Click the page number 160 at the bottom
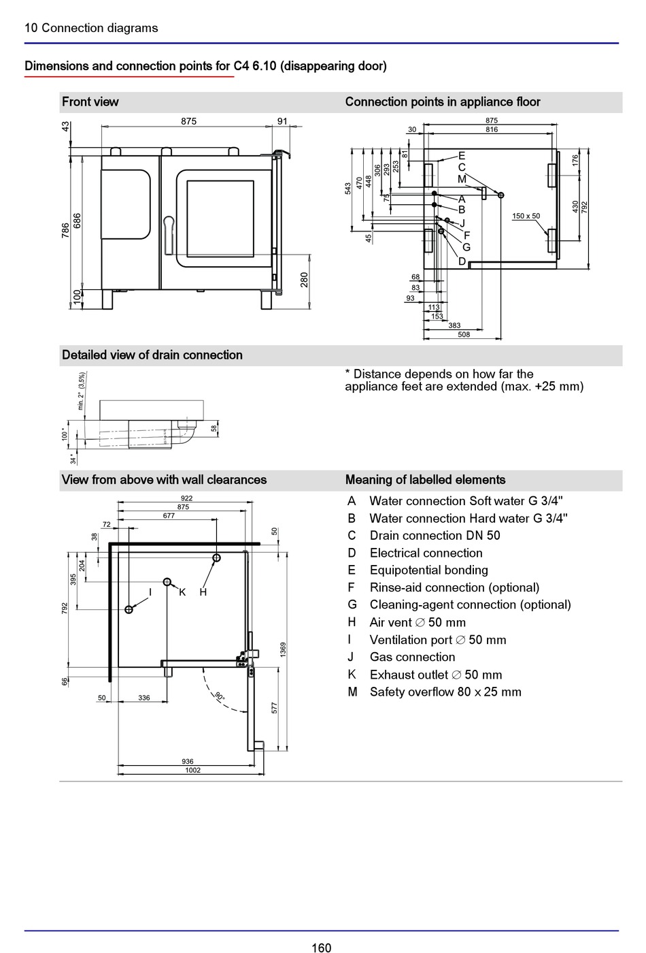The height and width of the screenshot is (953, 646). click(321, 947)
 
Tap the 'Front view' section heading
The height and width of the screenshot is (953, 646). click(90, 101)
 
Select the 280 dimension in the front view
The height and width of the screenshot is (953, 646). click(304, 280)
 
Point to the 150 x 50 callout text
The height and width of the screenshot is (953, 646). click(526, 216)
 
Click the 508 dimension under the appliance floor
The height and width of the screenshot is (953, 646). click(464, 334)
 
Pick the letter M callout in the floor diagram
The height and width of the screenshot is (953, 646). click(462, 179)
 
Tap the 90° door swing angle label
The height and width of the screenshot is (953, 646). click(219, 696)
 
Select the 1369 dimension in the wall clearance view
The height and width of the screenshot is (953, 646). click(283, 649)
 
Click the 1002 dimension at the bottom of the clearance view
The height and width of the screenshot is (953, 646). click(192, 770)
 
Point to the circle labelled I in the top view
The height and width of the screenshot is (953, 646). click(129, 609)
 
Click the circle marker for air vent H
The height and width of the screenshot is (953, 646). click(216, 558)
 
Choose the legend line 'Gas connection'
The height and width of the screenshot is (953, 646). click(412, 657)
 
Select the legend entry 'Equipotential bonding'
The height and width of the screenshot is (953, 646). click(429, 570)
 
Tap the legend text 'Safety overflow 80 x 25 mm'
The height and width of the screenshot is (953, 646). click(445, 692)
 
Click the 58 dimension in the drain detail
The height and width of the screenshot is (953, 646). click(214, 428)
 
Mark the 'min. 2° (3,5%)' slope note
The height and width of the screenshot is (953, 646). click(81, 391)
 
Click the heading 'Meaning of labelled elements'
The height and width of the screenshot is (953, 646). click(426, 480)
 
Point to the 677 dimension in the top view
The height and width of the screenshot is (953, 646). click(169, 516)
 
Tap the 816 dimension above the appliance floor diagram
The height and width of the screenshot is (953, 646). click(492, 129)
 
